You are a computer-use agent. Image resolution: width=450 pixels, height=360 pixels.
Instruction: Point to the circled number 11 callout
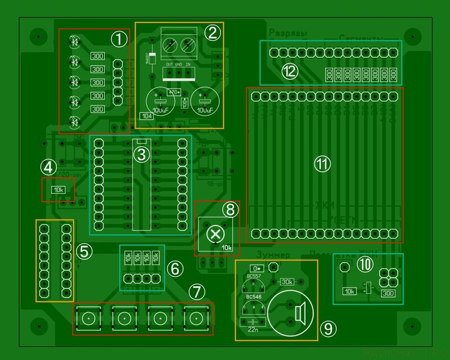(322, 164)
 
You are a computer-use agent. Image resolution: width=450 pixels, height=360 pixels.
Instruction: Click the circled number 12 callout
(290, 71)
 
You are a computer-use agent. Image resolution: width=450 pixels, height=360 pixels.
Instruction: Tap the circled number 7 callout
(195, 291)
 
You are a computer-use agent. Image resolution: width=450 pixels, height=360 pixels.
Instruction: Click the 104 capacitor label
(146, 116)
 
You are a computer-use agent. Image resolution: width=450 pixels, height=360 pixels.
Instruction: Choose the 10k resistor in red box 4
(58, 190)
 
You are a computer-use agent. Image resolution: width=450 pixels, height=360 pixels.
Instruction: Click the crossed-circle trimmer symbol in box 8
(214, 233)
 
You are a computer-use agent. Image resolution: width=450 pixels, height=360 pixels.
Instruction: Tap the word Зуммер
(272, 255)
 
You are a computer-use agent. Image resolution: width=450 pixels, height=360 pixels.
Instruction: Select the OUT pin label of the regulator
(168, 65)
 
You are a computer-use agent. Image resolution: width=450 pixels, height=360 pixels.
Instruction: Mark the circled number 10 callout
(366, 263)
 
